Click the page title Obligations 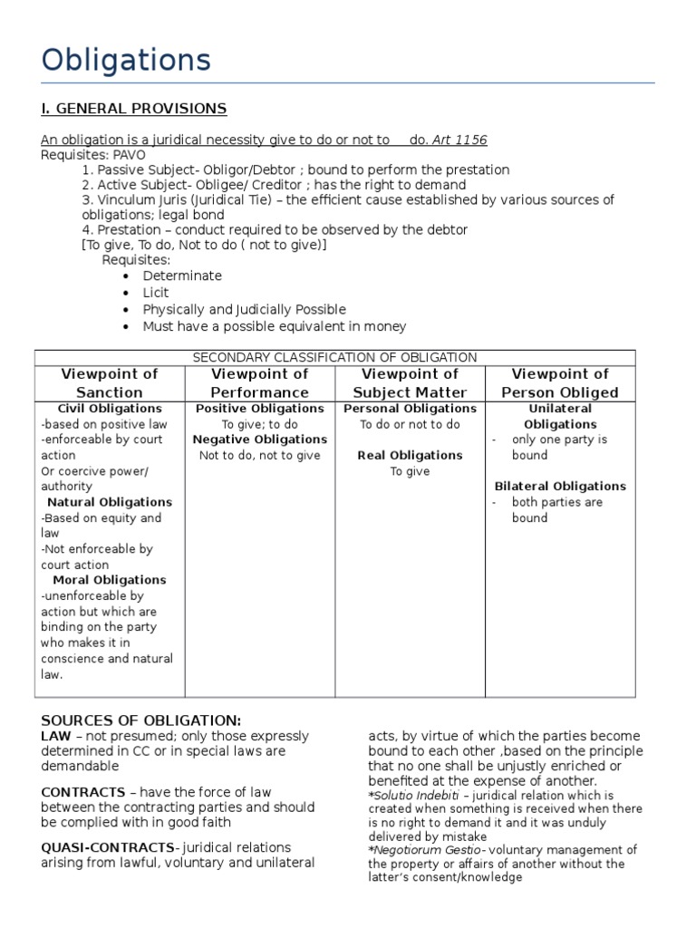(126, 61)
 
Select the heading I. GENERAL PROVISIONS (133, 109)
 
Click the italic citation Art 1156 (459, 140)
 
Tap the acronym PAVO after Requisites (129, 155)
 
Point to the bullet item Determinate (182, 275)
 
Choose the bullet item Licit (156, 293)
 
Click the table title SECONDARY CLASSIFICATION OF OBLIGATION (334, 358)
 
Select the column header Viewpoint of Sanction (109, 383)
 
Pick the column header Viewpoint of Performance (259, 383)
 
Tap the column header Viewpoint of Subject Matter (410, 383)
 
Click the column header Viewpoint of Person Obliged (560, 383)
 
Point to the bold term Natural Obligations (110, 502)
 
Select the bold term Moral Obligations (110, 580)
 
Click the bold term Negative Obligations (260, 440)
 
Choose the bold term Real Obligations (410, 456)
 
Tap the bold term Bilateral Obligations (560, 487)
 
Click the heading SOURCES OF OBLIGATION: (141, 720)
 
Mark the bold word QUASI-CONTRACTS (108, 847)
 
